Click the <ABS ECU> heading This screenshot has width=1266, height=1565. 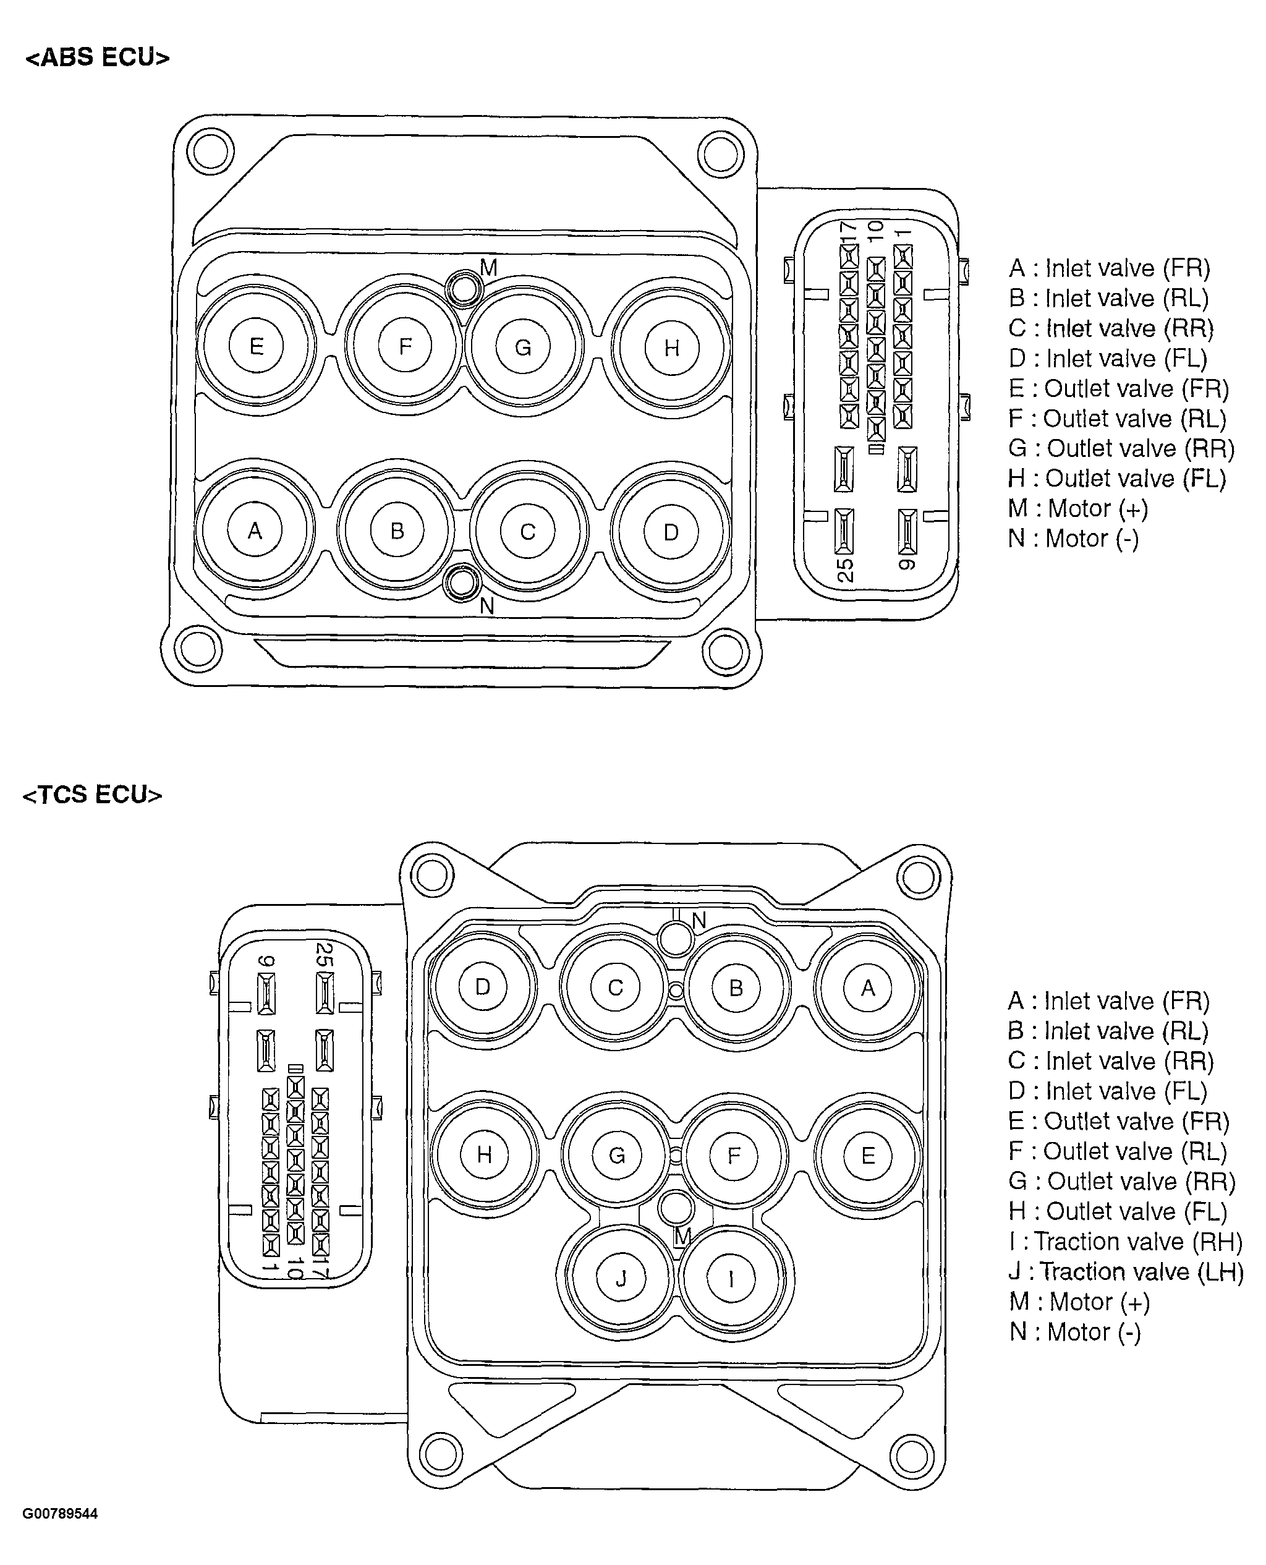click(98, 58)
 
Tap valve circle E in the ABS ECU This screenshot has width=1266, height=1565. click(256, 346)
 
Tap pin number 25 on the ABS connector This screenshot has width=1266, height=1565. click(844, 569)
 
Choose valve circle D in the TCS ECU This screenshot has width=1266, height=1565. click(483, 987)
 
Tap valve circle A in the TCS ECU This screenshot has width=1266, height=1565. click(868, 988)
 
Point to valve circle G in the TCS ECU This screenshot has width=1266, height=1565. click(617, 1155)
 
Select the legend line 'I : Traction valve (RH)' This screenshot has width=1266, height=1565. click(1125, 1241)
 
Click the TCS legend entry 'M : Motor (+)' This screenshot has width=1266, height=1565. click(1079, 1302)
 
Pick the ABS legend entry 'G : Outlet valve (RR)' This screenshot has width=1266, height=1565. click(1121, 448)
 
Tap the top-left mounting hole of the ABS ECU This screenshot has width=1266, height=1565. click(210, 151)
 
